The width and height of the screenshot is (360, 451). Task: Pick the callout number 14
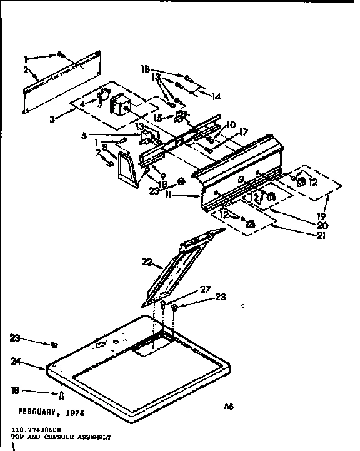click(217, 96)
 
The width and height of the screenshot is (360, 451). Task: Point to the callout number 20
click(322, 225)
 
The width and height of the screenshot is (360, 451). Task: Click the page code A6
click(229, 407)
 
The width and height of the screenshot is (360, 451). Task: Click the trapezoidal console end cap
click(131, 171)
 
